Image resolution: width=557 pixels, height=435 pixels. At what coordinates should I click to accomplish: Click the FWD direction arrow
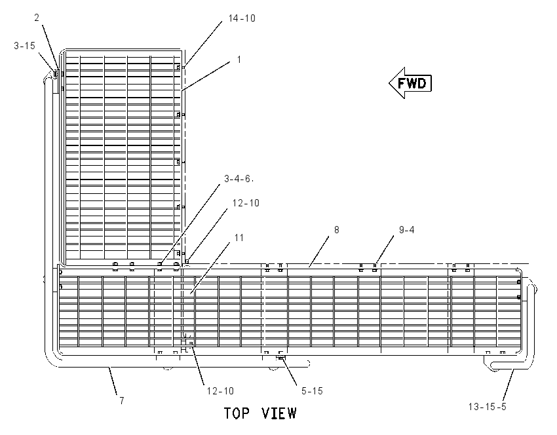(x=410, y=83)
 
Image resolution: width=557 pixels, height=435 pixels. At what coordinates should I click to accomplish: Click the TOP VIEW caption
(x=260, y=413)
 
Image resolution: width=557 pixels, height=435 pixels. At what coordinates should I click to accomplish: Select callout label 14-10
(x=242, y=18)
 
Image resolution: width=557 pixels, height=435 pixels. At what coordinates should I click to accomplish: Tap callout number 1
(x=239, y=60)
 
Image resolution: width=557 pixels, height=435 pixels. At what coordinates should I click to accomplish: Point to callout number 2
(x=37, y=18)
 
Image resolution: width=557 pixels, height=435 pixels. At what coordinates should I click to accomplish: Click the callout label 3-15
(x=24, y=46)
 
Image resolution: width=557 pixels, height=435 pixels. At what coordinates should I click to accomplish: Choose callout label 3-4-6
(x=238, y=179)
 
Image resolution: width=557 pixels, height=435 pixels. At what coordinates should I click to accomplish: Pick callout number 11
(x=239, y=238)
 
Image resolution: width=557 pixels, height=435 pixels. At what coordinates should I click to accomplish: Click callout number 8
(x=336, y=230)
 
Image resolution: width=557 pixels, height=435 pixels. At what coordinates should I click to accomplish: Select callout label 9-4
(x=407, y=230)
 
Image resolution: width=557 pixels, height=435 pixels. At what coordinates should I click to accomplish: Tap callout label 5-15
(x=312, y=391)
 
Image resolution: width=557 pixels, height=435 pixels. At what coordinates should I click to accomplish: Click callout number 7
(x=122, y=400)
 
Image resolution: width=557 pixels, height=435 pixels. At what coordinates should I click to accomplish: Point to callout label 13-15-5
(x=487, y=407)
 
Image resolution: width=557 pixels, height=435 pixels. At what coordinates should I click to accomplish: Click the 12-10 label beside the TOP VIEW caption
(x=221, y=391)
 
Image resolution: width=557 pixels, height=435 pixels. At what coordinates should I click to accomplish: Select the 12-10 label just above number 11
(x=246, y=203)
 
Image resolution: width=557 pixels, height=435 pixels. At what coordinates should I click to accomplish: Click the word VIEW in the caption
(x=279, y=413)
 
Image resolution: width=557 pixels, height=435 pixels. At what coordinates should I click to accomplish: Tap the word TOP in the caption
(x=236, y=413)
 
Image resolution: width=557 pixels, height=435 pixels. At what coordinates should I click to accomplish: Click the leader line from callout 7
(x=113, y=381)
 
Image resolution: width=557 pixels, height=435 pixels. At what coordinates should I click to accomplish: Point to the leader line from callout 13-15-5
(x=509, y=385)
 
